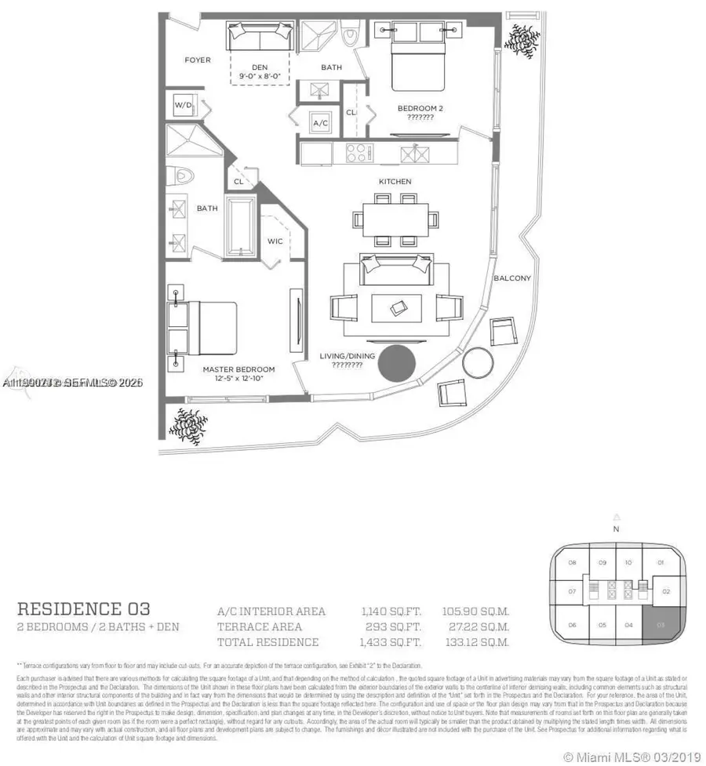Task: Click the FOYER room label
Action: click(x=198, y=60)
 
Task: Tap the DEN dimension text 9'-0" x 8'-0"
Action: click(x=260, y=76)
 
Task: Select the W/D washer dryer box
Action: click(x=183, y=105)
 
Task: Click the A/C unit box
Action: click(x=320, y=123)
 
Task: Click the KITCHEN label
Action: click(x=394, y=181)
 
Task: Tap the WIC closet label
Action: click(x=275, y=241)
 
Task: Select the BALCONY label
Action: click(x=512, y=278)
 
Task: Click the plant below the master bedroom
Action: click(x=187, y=426)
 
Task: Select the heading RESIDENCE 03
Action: click(x=83, y=608)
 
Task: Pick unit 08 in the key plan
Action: click(x=572, y=562)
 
